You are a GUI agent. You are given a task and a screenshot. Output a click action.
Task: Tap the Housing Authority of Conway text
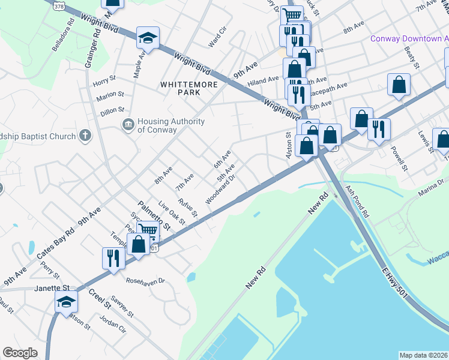pyautogui.click(x=171, y=125)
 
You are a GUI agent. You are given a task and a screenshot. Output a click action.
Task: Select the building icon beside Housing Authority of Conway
pyautogui.click(x=128, y=125)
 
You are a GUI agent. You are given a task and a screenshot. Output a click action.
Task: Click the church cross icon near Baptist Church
pyautogui.click(x=86, y=136)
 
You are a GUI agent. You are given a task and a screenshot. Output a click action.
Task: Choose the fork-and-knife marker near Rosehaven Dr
pyautogui.click(x=113, y=259)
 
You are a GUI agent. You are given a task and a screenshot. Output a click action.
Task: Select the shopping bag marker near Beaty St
pyautogui.click(x=399, y=86)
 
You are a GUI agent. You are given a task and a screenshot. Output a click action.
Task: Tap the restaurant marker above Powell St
pyautogui.click(x=379, y=130)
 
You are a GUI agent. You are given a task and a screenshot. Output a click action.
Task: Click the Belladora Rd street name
pyautogui.click(x=63, y=38)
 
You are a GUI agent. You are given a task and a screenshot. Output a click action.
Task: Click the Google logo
pyautogui.click(x=20, y=353)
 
